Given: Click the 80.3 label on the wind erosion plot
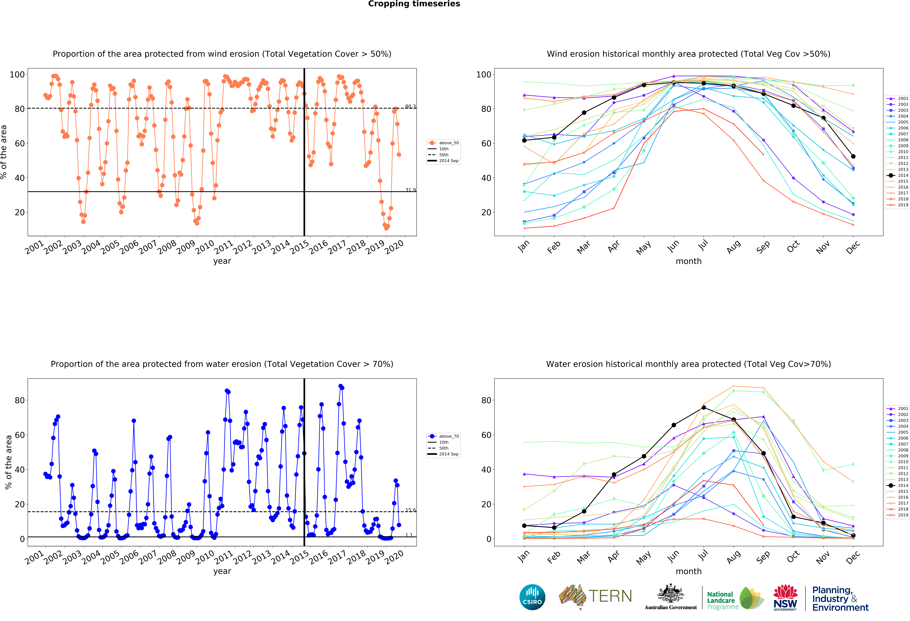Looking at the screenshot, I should click(x=410, y=107).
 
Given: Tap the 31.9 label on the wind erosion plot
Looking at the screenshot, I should click(x=410, y=190).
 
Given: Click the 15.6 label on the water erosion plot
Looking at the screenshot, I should click(x=410, y=510).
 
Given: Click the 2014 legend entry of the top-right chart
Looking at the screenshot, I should click(x=903, y=175).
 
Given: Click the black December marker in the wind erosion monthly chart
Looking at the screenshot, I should click(x=853, y=156).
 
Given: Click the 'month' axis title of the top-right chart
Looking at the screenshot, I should click(x=688, y=261).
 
